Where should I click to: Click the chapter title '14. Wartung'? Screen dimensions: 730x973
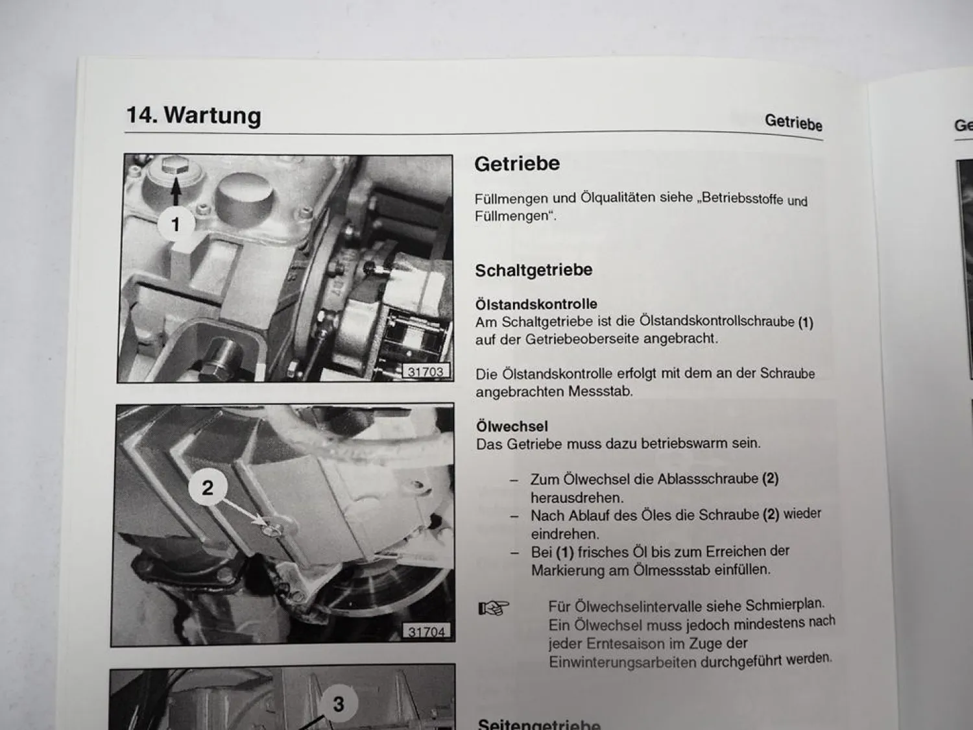tap(193, 115)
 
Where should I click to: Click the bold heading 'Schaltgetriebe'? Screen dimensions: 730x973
tap(533, 270)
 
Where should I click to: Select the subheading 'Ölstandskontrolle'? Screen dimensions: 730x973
tap(536, 304)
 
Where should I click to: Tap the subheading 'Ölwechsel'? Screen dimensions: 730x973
tap(512, 426)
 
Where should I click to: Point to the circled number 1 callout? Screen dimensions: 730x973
tap(174, 225)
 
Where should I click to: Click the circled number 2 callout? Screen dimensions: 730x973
tap(207, 487)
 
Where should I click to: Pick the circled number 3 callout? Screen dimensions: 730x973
tap(338, 704)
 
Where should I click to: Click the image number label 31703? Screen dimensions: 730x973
tap(426, 372)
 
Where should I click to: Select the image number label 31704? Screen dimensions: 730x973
tap(426, 631)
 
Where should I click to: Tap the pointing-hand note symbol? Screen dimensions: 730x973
tap(494, 608)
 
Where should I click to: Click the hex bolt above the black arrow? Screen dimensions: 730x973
tap(174, 166)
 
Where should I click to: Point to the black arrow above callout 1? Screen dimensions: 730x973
tap(174, 192)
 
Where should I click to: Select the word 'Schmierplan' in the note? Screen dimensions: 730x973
tap(784, 605)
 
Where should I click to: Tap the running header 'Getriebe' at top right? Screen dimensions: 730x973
tap(793, 122)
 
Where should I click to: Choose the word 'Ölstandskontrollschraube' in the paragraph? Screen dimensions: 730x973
tap(717, 321)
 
